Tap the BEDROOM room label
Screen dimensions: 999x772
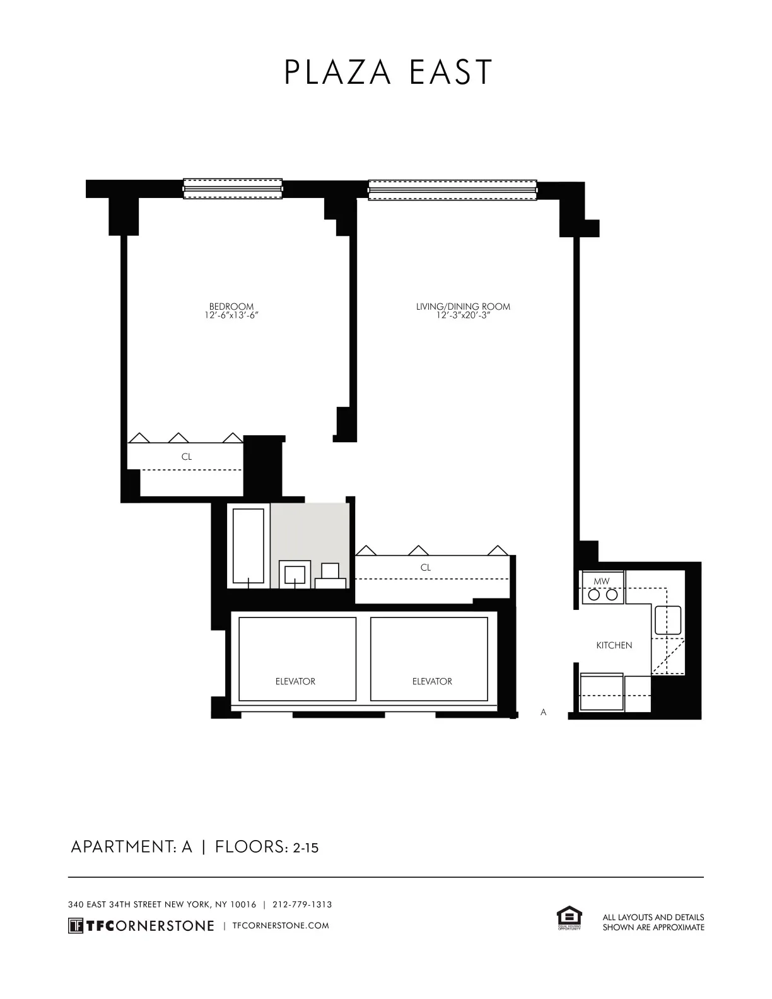(x=231, y=307)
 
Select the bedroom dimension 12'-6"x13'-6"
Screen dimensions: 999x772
(x=231, y=315)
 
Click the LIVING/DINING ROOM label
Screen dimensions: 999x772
(x=463, y=307)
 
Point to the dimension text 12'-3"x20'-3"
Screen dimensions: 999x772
(x=463, y=315)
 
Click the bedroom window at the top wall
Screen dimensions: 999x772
(x=233, y=189)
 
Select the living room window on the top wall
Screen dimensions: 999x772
(x=452, y=190)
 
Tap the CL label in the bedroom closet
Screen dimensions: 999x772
(x=187, y=457)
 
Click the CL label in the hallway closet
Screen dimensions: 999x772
(x=426, y=568)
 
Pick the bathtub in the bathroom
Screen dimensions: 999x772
(x=249, y=546)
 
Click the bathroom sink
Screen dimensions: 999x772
(x=295, y=575)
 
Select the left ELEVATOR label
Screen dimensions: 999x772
(x=295, y=681)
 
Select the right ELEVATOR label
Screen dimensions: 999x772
(x=432, y=681)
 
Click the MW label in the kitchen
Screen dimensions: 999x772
(x=601, y=580)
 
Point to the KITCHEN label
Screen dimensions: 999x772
(x=614, y=645)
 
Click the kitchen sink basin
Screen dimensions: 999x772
(x=667, y=619)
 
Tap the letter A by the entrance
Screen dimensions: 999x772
(x=544, y=712)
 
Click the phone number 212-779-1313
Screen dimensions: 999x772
(x=302, y=904)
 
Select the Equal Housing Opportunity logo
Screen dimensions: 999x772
(x=568, y=918)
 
